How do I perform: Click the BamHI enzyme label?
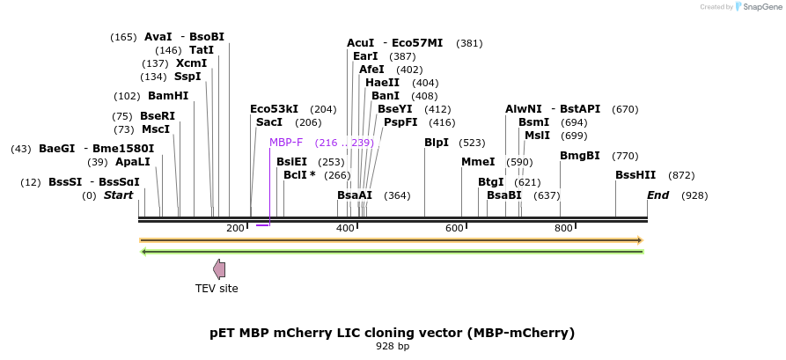click(x=167, y=96)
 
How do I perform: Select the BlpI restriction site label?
click(x=437, y=142)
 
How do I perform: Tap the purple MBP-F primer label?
click(x=286, y=142)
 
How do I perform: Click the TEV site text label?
click(x=217, y=288)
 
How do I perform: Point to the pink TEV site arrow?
click(x=219, y=269)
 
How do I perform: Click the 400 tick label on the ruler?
click(x=345, y=229)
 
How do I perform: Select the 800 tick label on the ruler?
click(x=563, y=229)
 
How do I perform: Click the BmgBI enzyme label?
click(x=580, y=156)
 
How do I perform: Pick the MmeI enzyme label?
click(x=478, y=161)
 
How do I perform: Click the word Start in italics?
click(x=118, y=195)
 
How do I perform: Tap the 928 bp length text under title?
click(x=393, y=347)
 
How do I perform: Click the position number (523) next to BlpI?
click(x=473, y=142)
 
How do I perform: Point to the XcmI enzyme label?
click(x=191, y=63)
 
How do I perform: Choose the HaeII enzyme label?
click(x=382, y=83)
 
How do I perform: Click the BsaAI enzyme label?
click(x=355, y=195)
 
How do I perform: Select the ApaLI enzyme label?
click(x=132, y=161)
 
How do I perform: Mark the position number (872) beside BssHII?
click(x=681, y=175)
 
